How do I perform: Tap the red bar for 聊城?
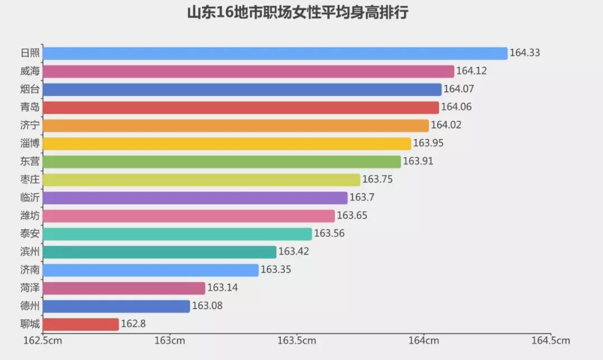click(x=80, y=324)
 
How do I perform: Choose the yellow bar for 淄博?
click(x=227, y=143)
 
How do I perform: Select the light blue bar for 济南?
click(x=151, y=270)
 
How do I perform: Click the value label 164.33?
click(x=525, y=53)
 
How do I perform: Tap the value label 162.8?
click(x=133, y=324)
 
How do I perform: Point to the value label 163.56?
click(x=329, y=234)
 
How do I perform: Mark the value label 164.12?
click(x=472, y=71)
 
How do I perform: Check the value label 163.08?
click(x=207, y=306)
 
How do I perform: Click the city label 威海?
click(x=30, y=71)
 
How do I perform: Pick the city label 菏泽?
click(x=30, y=288)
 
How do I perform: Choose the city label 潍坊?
click(x=30, y=216)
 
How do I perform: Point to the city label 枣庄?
click(x=30, y=180)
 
